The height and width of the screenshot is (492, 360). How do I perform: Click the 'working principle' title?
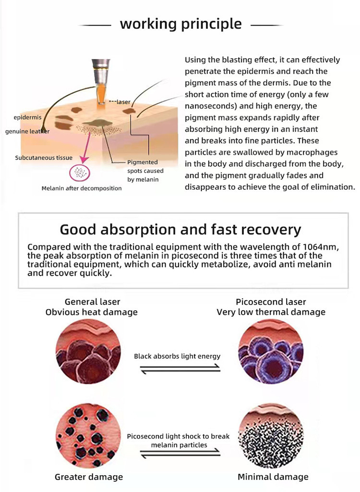[180, 24]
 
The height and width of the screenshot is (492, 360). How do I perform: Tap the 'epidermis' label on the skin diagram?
[28, 117]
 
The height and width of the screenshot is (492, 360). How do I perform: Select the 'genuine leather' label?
[27, 131]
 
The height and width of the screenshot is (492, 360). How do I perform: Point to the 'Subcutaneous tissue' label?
[44, 158]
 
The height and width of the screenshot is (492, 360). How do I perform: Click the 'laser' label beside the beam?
[122, 102]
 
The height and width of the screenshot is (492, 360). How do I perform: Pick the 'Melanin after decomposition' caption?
[82, 188]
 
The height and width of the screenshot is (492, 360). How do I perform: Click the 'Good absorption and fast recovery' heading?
[180, 229]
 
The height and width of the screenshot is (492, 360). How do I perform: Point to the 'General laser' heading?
[92, 302]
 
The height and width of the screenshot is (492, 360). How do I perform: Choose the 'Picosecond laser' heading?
[271, 302]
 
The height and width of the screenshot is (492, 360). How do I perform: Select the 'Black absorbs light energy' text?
[177, 357]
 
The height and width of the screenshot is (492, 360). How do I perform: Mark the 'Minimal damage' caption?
[273, 477]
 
